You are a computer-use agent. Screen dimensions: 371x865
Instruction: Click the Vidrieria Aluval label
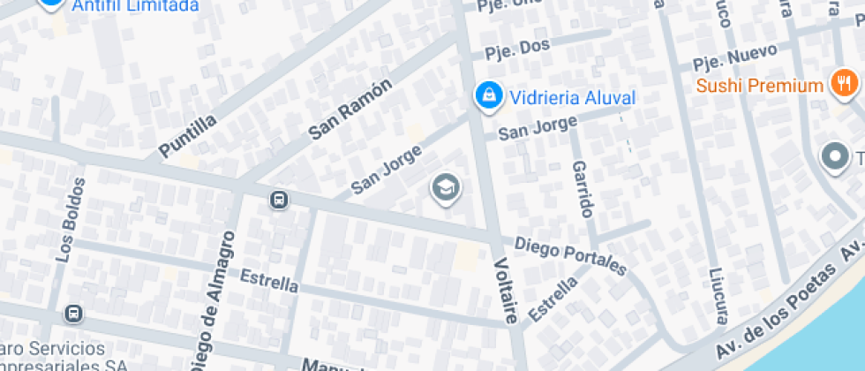click(x=572, y=97)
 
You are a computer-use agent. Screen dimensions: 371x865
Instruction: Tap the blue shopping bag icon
click(x=485, y=96)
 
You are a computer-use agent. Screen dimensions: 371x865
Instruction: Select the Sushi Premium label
click(x=759, y=86)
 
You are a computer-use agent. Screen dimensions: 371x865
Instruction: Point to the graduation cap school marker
click(x=446, y=187)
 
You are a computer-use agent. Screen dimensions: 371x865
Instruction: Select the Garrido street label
click(x=583, y=189)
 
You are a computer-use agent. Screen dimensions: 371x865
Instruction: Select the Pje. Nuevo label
click(x=734, y=57)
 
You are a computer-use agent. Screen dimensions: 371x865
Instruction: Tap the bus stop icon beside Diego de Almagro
click(x=279, y=201)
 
